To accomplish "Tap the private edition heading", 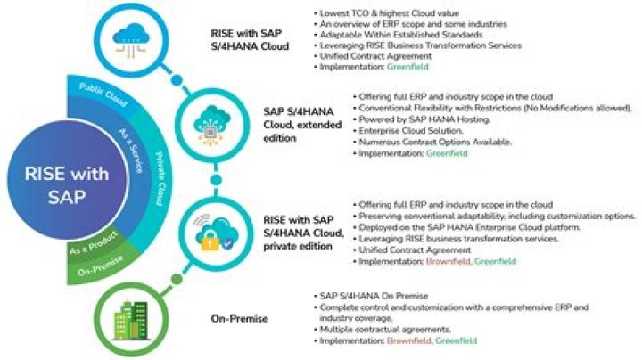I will pos(300,238).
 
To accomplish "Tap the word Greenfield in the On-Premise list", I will pos(456,340).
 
